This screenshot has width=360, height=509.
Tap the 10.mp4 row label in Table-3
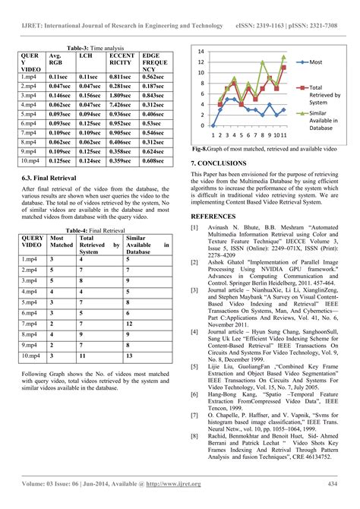(x=30, y=160)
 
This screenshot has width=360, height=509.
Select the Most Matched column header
(x=62, y=243)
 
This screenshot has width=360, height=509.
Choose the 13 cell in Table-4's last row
(x=129, y=355)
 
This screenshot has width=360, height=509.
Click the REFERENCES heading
(x=219, y=216)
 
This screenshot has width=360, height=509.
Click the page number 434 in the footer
(x=331, y=483)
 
